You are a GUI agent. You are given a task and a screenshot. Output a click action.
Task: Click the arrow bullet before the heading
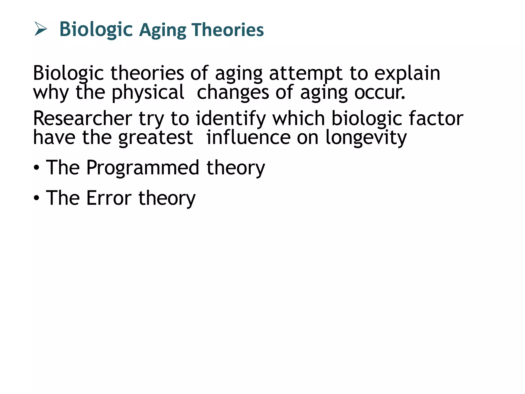pos(41,29)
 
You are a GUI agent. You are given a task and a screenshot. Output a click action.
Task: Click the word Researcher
pos(83,119)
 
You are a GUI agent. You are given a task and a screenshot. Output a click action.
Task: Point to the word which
pos(299,119)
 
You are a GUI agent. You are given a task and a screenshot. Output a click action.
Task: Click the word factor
pos(436,119)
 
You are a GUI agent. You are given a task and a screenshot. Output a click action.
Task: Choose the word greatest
pos(156,138)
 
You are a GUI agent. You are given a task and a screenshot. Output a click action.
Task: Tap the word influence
pos(248,138)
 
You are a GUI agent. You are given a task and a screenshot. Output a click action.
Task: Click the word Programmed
pos(143,168)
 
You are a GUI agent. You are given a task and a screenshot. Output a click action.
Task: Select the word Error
pos(109,198)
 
